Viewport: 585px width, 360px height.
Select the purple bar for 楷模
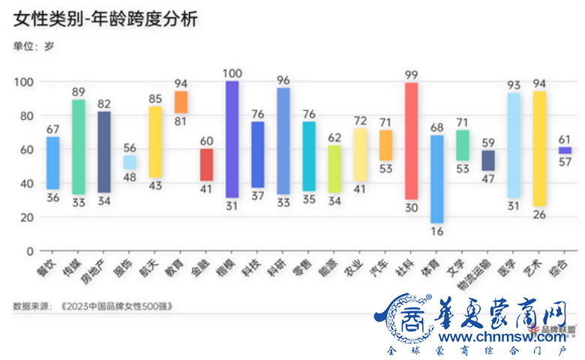click(232, 139)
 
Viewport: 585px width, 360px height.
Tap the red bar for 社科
click(411, 141)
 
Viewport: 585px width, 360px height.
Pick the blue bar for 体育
click(436, 178)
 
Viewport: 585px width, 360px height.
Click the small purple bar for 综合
click(565, 150)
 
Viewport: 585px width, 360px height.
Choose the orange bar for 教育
click(181, 102)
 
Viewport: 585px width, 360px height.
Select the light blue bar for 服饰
click(130, 162)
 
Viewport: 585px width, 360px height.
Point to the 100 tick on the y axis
click(25, 82)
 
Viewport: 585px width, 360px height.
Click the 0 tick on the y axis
click(30, 250)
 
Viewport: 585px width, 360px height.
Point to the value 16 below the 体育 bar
click(436, 232)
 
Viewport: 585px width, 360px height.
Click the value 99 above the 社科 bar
click(411, 74)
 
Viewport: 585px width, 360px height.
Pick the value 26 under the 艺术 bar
click(538, 214)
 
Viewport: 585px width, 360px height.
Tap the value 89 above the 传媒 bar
click(78, 91)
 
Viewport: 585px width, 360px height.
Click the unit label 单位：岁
click(34, 46)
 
